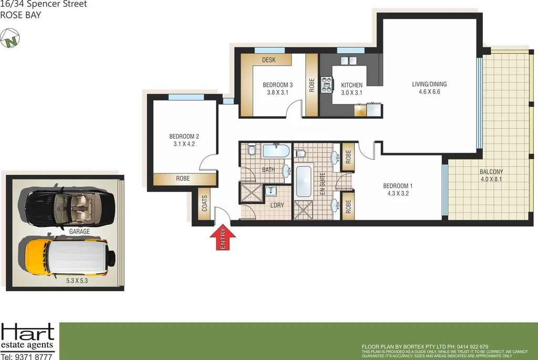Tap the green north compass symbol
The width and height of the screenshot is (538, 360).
9,39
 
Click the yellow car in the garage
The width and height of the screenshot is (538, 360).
66,258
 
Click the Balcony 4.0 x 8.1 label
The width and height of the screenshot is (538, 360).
491,176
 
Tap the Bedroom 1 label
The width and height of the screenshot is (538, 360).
398,189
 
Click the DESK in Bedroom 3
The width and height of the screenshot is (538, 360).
270,60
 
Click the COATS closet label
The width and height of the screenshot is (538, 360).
204,204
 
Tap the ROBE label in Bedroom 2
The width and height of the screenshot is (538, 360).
183,179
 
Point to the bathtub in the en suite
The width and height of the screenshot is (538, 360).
305,181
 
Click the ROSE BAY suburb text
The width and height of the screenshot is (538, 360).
20,15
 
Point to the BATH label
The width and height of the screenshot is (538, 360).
268,169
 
